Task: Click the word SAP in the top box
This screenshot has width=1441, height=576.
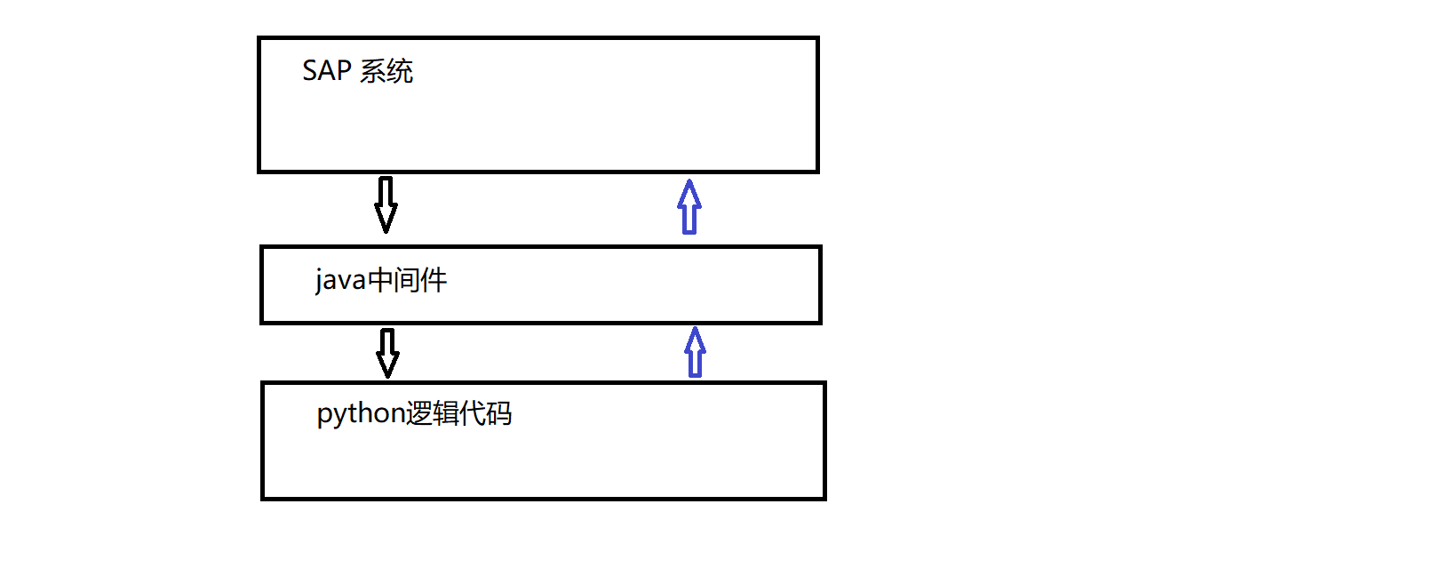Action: point(327,71)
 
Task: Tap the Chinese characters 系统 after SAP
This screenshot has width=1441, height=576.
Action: point(386,71)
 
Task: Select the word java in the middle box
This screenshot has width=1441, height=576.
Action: point(340,281)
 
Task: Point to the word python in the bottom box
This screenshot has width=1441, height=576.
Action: point(361,414)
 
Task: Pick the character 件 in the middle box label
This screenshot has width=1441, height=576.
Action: point(434,281)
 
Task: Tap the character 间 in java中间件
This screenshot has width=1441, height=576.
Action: point(408,281)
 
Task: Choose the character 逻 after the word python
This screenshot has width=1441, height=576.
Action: point(419,414)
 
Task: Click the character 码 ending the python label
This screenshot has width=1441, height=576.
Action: point(498,414)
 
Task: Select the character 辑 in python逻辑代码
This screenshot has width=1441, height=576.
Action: point(446,414)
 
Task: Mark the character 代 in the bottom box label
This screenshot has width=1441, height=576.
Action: point(473,414)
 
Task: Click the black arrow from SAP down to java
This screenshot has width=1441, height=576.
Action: point(386,204)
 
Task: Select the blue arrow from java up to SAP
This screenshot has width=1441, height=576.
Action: point(689,207)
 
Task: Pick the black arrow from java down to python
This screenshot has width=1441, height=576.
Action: point(387,353)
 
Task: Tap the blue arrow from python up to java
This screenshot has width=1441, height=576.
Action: point(695,352)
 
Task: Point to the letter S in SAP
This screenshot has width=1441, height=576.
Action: point(310,71)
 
